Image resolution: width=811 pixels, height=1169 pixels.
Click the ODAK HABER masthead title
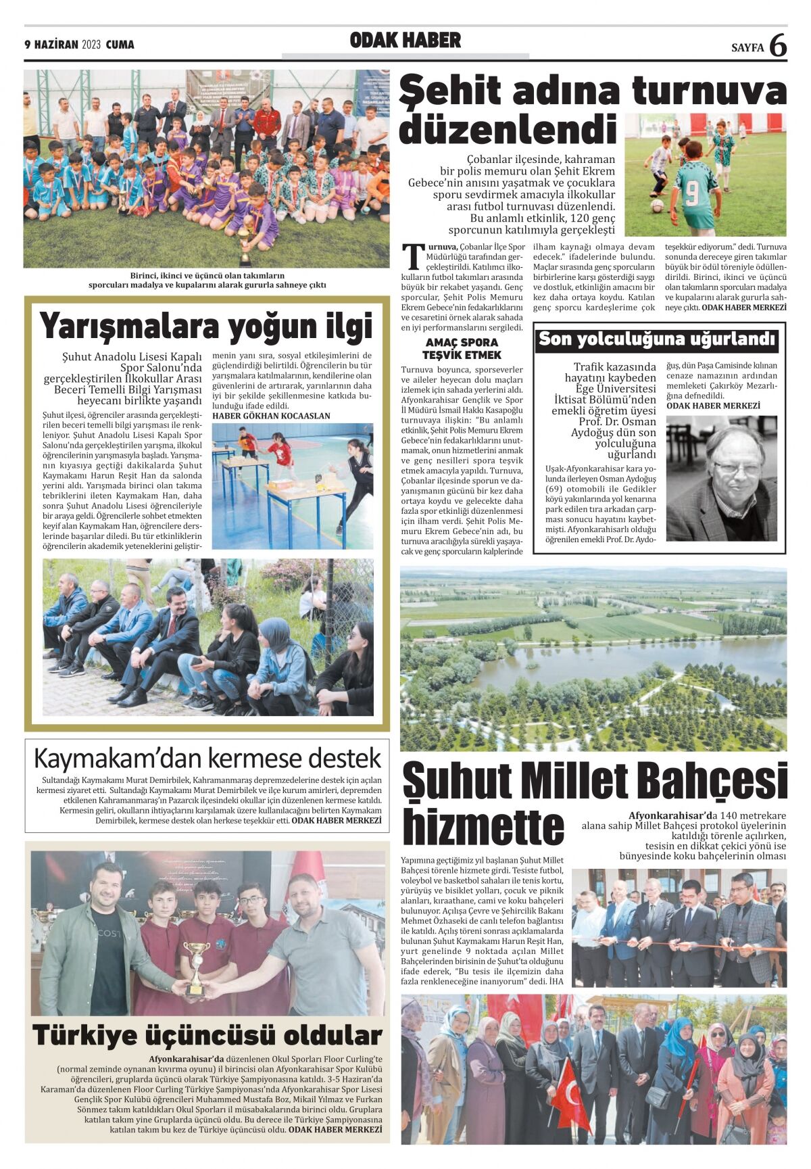[405, 41]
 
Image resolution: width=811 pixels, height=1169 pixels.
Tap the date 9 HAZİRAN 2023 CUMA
[79, 45]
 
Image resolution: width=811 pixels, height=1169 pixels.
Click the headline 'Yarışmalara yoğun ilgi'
[206, 326]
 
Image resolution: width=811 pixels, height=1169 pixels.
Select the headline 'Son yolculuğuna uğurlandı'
[656, 339]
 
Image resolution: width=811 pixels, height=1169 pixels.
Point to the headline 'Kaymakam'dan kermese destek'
[207, 758]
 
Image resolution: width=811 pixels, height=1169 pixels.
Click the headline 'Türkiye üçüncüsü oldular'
[207, 1035]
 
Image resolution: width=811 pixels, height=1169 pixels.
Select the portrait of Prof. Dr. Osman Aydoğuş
[721, 477]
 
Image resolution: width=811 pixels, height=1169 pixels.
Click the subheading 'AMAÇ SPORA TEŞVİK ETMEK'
[462, 349]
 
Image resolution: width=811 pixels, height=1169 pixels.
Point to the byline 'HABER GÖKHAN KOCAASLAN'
[271, 416]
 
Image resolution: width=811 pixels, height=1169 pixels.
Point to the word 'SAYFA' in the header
[747, 47]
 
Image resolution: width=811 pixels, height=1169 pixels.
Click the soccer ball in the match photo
[656, 206]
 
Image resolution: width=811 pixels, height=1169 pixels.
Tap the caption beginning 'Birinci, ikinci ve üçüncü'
[207, 280]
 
